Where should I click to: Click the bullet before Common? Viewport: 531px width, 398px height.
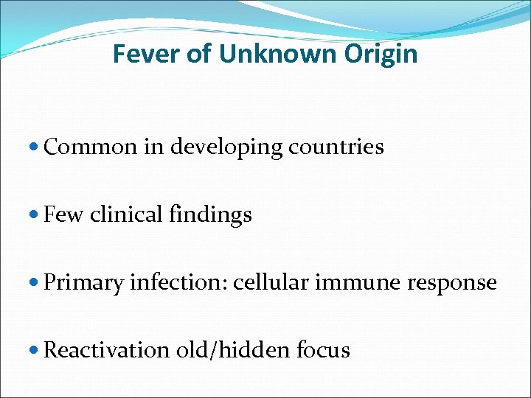coord(36,147)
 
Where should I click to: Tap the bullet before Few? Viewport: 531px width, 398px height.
coord(36,215)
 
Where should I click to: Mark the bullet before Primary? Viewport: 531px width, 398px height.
coord(36,283)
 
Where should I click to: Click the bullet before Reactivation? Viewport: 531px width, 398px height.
coord(36,350)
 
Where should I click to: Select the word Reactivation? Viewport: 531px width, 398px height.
coord(107,350)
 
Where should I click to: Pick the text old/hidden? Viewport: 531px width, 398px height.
coord(233,350)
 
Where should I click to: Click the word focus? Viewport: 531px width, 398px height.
coord(323,350)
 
